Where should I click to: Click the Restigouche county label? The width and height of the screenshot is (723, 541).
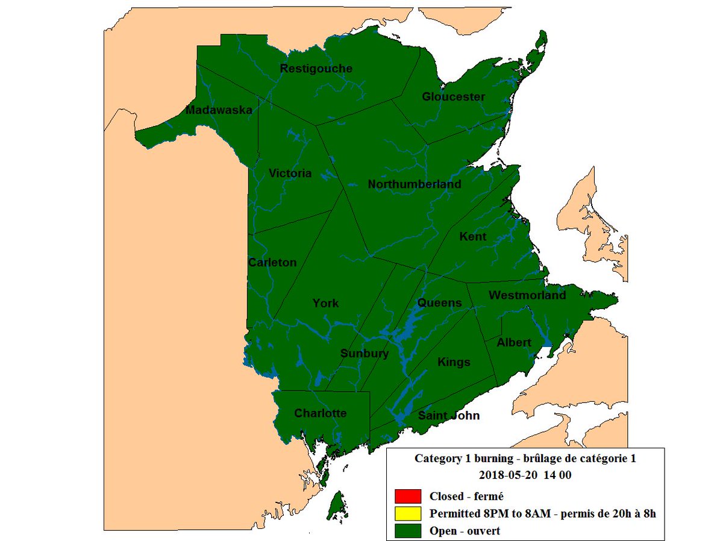pyautogui.click(x=316, y=69)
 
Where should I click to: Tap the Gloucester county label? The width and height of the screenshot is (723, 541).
pyautogui.click(x=453, y=97)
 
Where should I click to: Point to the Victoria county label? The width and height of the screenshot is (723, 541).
pyautogui.click(x=290, y=174)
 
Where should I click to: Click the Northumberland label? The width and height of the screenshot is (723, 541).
pyautogui.click(x=415, y=184)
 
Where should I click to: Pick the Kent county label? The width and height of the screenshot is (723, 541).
pyautogui.click(x=472, y=237)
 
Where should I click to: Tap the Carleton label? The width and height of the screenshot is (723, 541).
pyautogui.click(x=272, y=263)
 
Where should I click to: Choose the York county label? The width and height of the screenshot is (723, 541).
pyautogui.click(x=325, y=303)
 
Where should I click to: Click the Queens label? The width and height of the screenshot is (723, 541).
pyautogui.click(x=439, y=302)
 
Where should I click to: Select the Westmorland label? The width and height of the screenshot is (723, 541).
pyautogui.click(x=527, y=295)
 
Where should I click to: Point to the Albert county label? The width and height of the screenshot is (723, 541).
pyautogui.click(x=514, y=342)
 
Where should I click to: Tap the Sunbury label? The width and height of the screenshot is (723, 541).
pyautogui.click(x=365, y=354)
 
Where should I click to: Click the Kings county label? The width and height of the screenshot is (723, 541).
pyautogui.click(x=454, y=362)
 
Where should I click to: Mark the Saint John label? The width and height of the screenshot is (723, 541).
pyautogui.click(x=449, y=416)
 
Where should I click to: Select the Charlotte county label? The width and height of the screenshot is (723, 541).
pyautogui.click(x=320, y=413)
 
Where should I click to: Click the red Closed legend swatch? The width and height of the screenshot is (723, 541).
pyautogui.click(x=408, y=497)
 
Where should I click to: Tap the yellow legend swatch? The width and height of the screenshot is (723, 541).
pyautogui.click(x=408, y=514)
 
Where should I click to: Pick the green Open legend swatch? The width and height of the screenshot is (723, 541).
pyautogui.click(x=408, y=531)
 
